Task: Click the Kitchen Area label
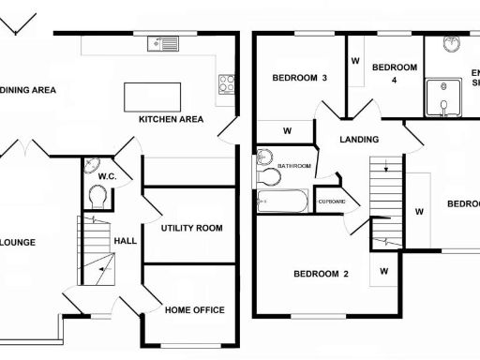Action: click(171, 119)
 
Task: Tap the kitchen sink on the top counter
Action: click(162, 43)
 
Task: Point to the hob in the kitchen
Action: click(226, 84)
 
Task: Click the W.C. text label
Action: click(107, 175)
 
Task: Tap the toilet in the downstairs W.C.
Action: click(97, 196)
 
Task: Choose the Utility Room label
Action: click(190, 228)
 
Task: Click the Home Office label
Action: click(195, 309)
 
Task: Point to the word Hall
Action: click(126, 241)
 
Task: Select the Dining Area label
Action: click(28, 90)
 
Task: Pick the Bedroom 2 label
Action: click(321, 274)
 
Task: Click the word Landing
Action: click(359, 140)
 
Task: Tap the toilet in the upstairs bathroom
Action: click(270, 175)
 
